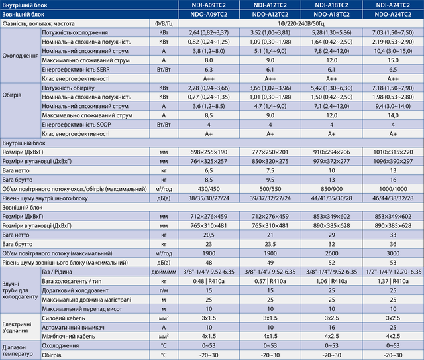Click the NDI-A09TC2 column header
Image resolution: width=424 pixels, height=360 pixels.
coord(208,5)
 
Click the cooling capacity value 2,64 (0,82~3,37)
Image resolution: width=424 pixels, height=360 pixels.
coord(208,32)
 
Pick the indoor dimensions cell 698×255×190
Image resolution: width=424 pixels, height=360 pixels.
coord(208,152)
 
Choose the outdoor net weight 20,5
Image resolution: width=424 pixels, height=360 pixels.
coord(208,235)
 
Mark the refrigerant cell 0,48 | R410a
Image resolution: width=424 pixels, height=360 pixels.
coord(208,281)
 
